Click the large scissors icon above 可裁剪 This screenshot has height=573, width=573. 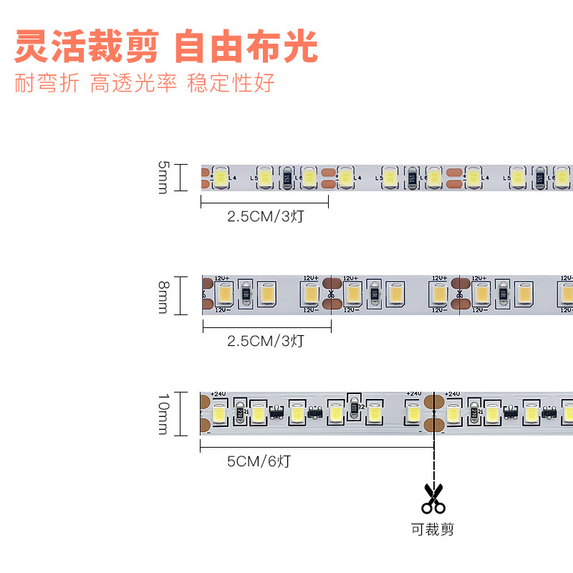433,499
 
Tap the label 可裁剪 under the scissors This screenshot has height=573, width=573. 433,530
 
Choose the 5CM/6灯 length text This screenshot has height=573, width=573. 259,461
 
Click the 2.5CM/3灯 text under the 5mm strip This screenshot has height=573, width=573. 266,216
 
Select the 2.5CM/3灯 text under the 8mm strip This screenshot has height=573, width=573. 266,341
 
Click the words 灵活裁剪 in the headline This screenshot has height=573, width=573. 87,47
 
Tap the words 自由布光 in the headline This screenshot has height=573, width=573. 246,47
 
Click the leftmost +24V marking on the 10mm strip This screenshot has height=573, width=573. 217,394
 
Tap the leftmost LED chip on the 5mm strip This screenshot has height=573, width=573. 221,177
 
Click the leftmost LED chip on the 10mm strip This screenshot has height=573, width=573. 219,413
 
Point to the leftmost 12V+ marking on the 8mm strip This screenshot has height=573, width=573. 221,278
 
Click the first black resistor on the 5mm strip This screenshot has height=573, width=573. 288,178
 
